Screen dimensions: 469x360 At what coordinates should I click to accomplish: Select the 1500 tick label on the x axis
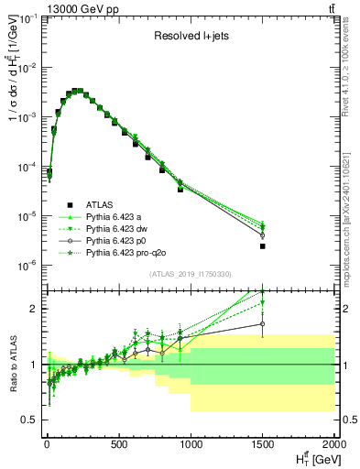(262, 446)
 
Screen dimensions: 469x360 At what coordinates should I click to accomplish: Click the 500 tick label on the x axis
(118, 446)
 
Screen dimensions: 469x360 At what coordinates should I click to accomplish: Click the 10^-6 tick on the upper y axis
(26, 266)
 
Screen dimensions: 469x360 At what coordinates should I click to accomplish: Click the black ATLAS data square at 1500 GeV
(263, 246)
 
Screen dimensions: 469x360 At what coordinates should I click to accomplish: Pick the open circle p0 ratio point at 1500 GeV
(263, 323)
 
